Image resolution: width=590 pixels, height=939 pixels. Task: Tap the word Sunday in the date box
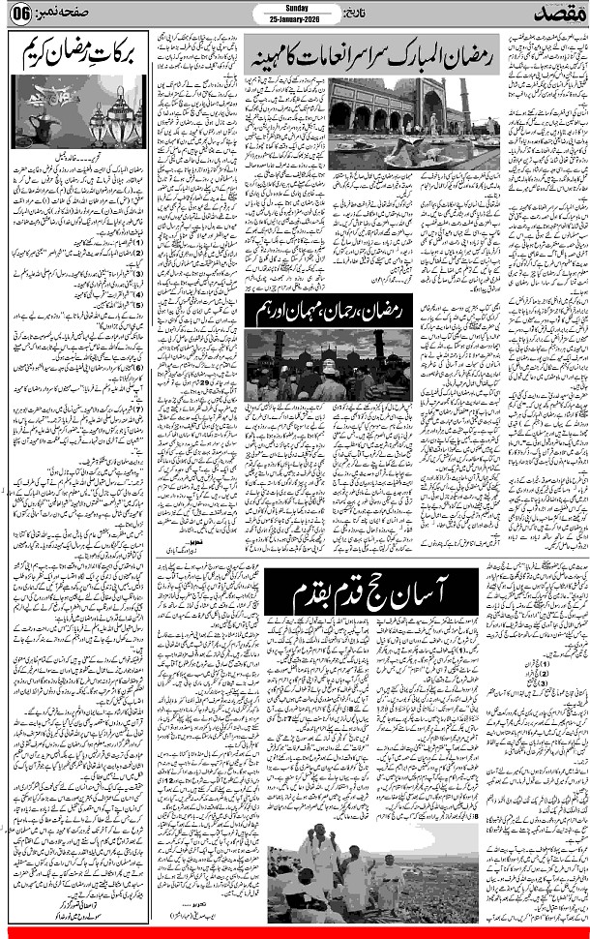pyautogui.click(x=295, y=7)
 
